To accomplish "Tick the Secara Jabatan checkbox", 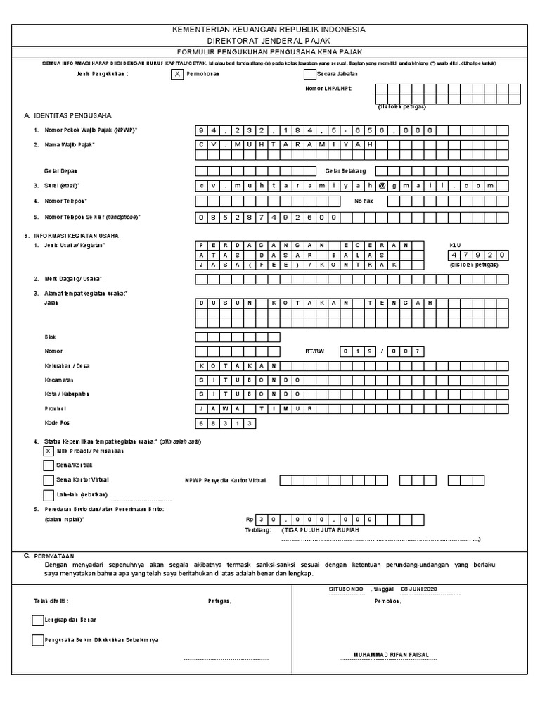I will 309,74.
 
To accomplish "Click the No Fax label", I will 362,201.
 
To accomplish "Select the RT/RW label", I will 314,351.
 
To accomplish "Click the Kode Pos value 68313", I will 225,423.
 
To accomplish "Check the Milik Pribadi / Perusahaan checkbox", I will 49,451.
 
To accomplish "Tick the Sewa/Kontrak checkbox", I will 49,465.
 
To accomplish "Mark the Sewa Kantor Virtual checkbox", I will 49,480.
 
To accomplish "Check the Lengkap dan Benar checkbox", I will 37,620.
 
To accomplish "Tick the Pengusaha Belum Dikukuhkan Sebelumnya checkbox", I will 37,640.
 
